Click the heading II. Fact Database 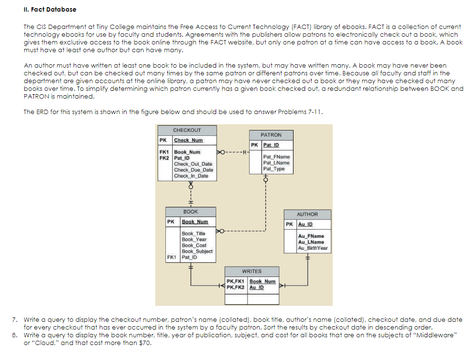click(50, 9)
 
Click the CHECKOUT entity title click(187, 130)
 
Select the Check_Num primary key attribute click(188, 141)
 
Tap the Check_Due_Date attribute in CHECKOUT click(193, 170)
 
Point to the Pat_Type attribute click(274, 169)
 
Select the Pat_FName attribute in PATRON click(277, 157)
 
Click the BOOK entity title click(191, 212)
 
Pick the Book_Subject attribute click(197, 251)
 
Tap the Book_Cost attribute click(194, 245)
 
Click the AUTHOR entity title click(307, 214)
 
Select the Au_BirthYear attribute click(313, 248)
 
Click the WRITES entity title click(251, 272)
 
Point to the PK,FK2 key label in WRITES click(236, 288)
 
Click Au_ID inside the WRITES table click(257, 288)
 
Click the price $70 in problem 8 click(144, 344)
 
